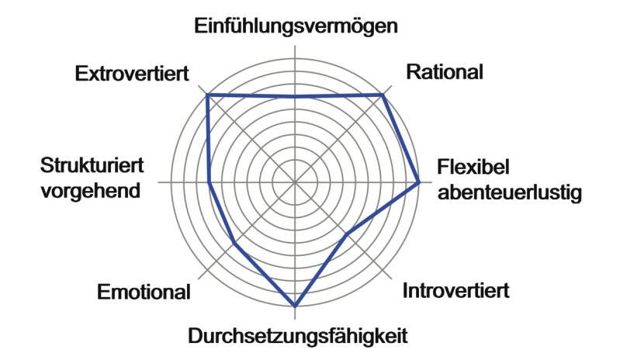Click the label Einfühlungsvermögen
pos(296,26)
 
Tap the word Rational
pos(445,72)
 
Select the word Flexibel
pos(473,167)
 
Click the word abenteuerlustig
pos(510,192)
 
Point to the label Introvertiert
pos(456,291)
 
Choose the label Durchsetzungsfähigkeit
pos(298,336)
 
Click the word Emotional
pos(144,292)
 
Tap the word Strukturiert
pos(92,165)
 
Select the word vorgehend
pos(91,191)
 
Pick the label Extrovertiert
pos(132,74)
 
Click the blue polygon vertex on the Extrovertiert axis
pos(207,95)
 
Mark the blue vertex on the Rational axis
pos(383,95)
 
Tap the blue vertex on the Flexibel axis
pos(418,182)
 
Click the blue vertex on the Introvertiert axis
pos(347,235)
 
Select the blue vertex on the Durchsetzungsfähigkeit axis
pos(295,306)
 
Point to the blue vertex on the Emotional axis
pos(234,243)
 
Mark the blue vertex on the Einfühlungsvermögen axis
pos(295,96)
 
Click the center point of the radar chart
pos(295,182)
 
